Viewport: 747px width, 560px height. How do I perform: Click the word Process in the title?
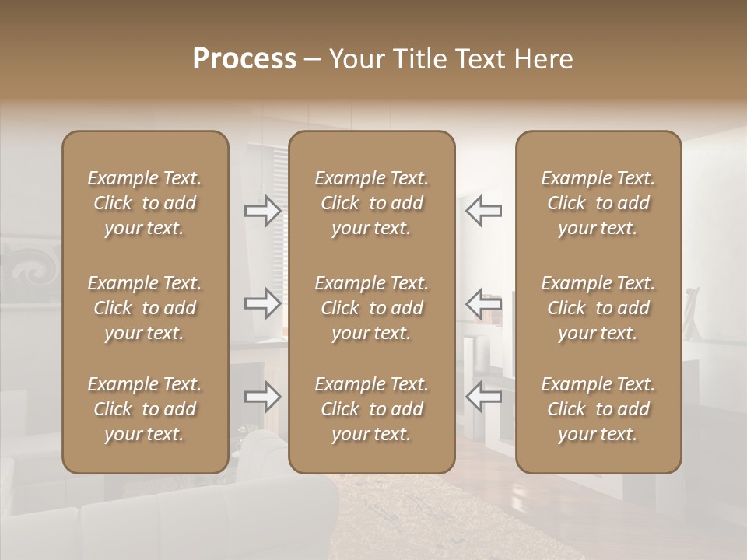tap(244, 59)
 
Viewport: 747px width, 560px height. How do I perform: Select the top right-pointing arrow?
tap(263, 210)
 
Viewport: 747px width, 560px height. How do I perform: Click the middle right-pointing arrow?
tap(263, 303)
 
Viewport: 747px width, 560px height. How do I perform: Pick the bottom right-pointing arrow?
tap(263, 397)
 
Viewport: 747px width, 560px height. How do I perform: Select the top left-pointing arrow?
tap(484, 210)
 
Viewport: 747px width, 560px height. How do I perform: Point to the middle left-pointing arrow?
tap(484, 303)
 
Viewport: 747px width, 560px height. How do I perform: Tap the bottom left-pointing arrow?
tap(484, 397)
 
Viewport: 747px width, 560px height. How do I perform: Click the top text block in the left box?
tap(145, 203)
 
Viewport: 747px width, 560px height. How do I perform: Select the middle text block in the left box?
tap(145, 308)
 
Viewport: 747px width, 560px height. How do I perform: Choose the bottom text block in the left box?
tap(145, 409)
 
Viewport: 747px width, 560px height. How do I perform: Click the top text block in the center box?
tap(371, 203)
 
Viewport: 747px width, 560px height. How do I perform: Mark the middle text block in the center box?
tap(371, 308)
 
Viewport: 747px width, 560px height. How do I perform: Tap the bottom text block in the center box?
tap(371, 409)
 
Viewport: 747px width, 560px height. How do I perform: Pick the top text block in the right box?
tap(598, 203)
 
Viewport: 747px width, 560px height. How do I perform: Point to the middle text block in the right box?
tap(598, 308)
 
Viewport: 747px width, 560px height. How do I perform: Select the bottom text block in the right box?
tap(598, 409)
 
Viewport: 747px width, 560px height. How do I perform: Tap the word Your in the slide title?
tap(354, 59)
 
